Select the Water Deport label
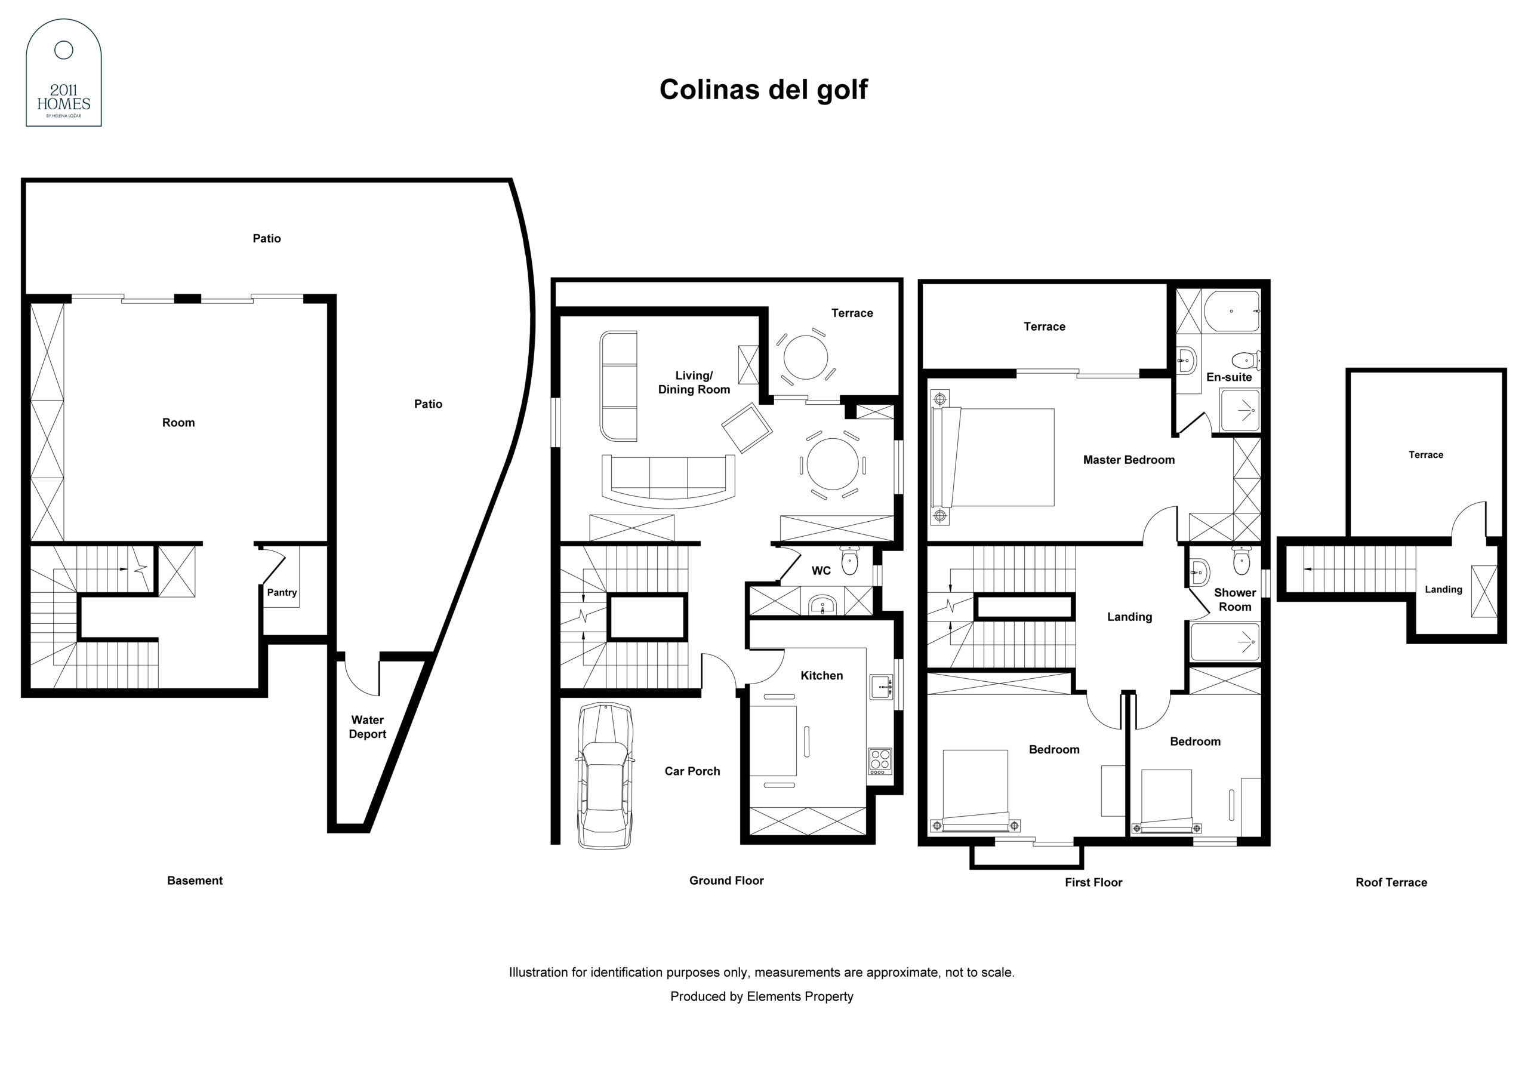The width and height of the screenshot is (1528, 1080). tap(367, 727)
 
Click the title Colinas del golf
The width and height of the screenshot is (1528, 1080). tap(763, 89)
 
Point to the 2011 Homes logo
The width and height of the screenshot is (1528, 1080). tap(64, 73)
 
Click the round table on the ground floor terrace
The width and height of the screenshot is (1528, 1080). tap(805, 357)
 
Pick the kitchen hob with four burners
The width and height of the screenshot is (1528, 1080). tap(880, 762)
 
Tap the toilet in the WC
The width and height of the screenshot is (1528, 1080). tap(850, 561)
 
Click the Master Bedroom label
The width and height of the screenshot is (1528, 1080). tap(1129, 460)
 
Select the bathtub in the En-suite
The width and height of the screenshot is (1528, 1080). tap(1232, 311)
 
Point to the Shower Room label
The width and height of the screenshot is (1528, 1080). tap(1234, 599)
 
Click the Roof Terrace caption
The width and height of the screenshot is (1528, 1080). tap(1391, 882)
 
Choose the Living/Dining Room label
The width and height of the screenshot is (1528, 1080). tap(694, 383)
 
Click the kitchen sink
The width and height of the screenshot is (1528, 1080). tap(881, 687)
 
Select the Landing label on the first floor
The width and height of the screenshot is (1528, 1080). tap(1129, 617)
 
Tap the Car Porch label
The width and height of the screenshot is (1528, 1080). tap(692, 771)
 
